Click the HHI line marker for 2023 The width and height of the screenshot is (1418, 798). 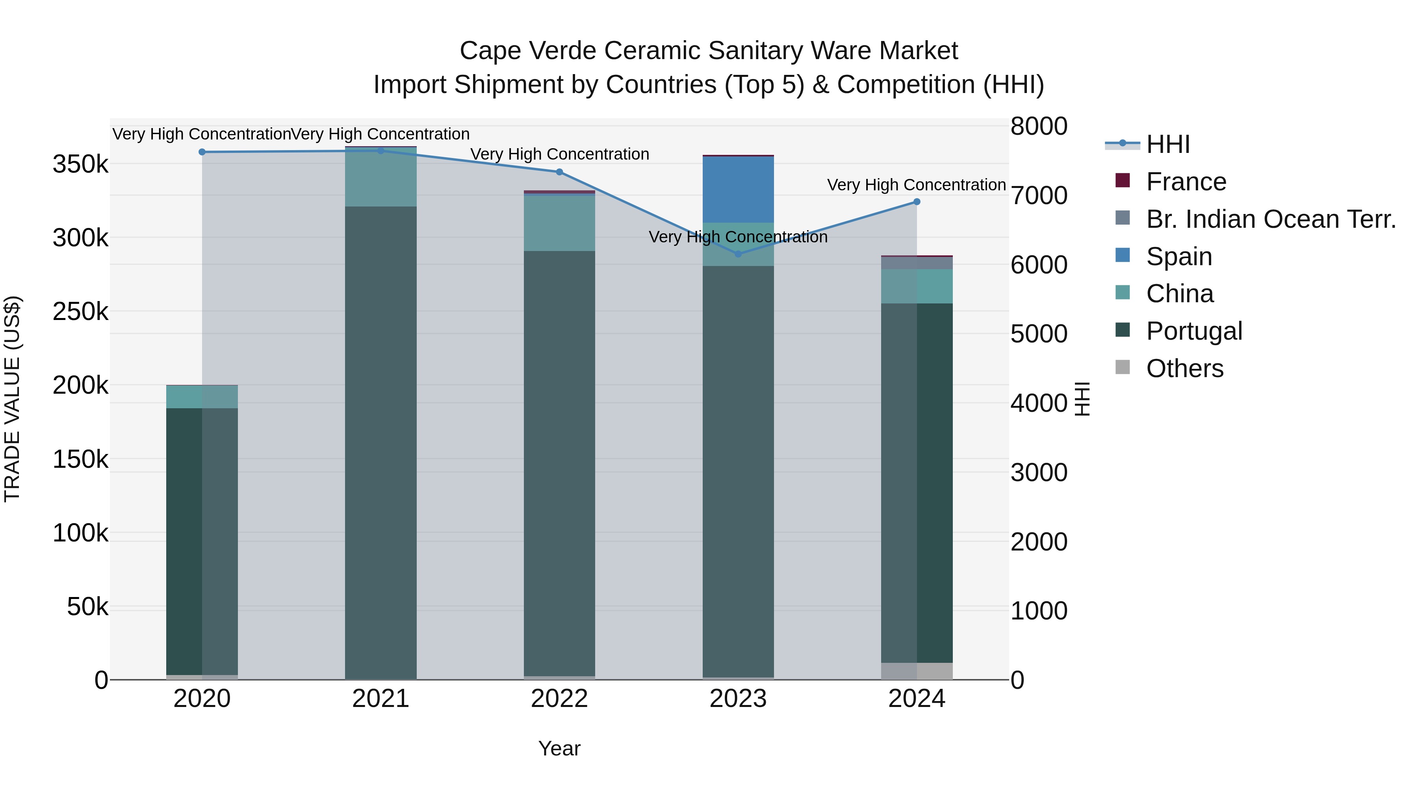(738, 254)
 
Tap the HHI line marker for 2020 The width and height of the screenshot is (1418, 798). (202, 152)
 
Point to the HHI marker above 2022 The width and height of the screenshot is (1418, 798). (559, 172)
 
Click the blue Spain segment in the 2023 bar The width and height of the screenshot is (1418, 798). (738, 190)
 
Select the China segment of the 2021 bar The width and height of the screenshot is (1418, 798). (380, 177)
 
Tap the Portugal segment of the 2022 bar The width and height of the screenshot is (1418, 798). (559, 463)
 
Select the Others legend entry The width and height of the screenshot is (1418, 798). (1184, 368)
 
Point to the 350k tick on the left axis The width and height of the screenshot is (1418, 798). (80, 164)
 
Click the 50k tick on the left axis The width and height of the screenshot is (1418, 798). (87, 607)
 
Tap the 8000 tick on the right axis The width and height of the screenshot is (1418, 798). (1039, 126)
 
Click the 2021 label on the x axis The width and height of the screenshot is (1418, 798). (380, 699)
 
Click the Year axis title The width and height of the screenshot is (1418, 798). (559, 748)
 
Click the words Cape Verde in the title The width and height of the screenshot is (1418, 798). (527, 51)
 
